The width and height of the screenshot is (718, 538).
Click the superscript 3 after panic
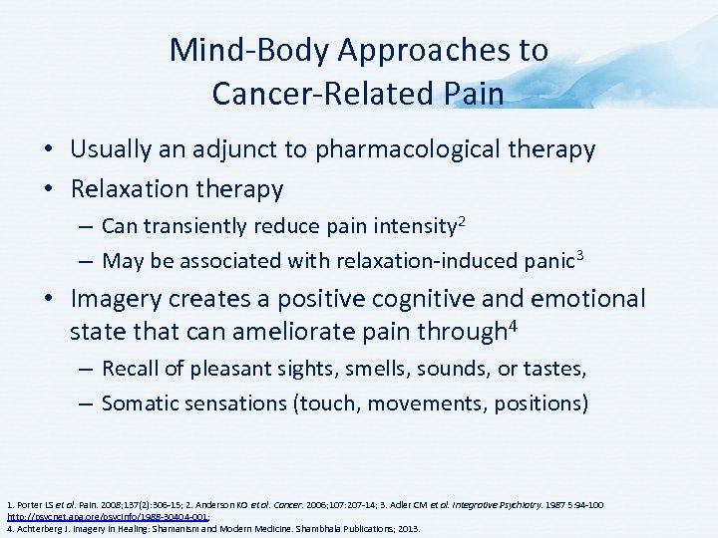click(x=580, y=254)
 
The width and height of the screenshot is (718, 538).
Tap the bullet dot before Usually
click(x=48, y=151)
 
